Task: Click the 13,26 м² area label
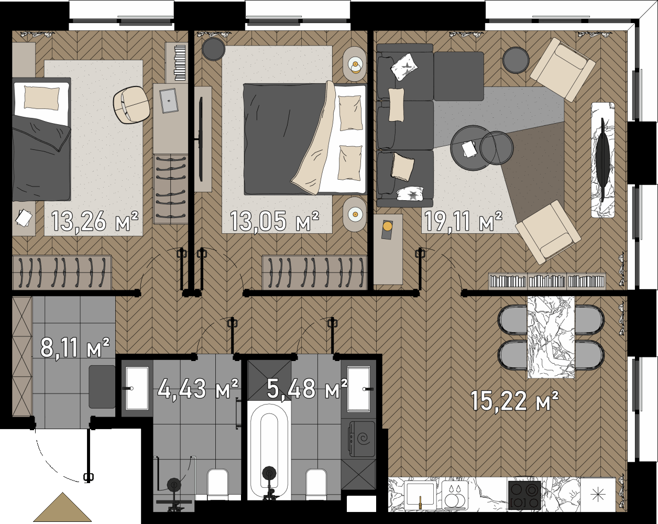95,221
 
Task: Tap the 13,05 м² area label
275,221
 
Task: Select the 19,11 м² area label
463,221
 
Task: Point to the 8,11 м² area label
75,347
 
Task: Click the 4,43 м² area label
198,388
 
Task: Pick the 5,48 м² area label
307,388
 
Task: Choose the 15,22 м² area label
514,401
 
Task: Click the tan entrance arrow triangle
63,507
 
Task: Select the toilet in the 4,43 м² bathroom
218,483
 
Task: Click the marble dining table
551,337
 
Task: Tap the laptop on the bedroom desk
169,101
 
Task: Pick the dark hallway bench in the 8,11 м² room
102,387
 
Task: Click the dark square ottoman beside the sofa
458,76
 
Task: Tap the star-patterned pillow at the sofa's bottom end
410,194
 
